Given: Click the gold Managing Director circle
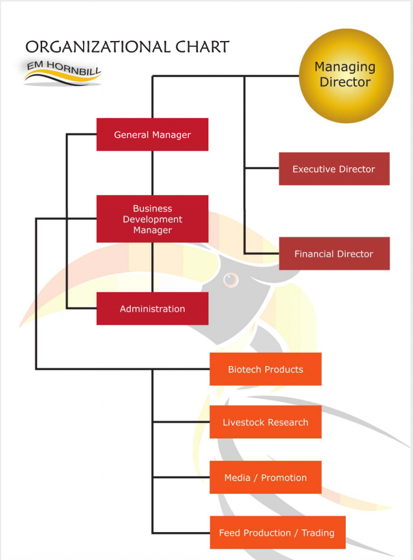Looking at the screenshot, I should click(x=346, y=75).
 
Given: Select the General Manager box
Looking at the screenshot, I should click(x=152, y=135).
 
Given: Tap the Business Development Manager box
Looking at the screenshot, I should click(x=152, y=219).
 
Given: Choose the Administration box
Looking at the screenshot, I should click(x=152, y=308).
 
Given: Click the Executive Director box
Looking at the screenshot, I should click(x=334, y=169).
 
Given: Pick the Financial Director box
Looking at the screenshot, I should click(x=334, y=254).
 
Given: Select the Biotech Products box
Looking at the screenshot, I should click(x=265, y=369).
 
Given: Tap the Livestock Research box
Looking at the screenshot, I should click(x=265, y=422).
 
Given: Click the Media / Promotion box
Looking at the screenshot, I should click(x=265, y=477).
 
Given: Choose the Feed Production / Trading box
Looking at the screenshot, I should click(x=277, y=533).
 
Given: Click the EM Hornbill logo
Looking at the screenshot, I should click(x=62, y=71).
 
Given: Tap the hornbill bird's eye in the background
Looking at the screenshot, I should click(x=231, y=279).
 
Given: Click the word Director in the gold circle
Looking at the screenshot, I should click(x=345, y=83).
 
